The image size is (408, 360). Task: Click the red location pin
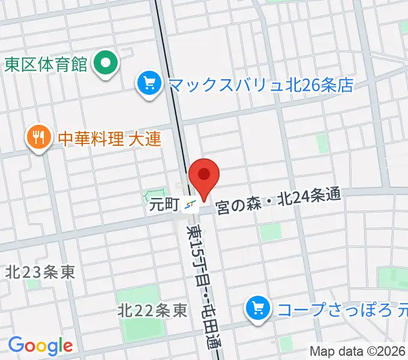pyautogui.click(x=204, y=176)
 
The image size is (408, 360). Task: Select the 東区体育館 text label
pyautogui.click(x=46, y=64)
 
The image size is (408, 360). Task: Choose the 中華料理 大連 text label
pyautogui.click(x=109, y=139)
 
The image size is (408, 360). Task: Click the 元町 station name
pyautogui.click(x=164, y=205)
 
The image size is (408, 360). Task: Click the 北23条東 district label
pyautogui.click(x=40, y=272)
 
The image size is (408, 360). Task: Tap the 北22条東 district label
pyautogui.click(x=152, y=311)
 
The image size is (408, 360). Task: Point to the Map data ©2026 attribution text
pyautogui.click(x=358, y=351)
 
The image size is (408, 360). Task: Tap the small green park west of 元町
pyautogui.click(x=150, y=196)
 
